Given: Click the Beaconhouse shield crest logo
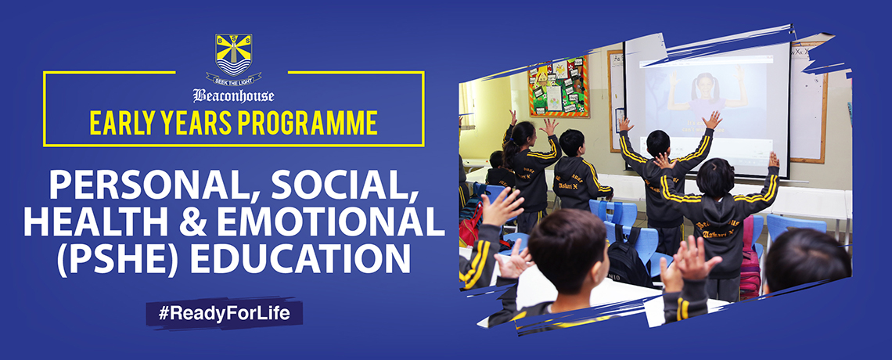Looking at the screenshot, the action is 233,55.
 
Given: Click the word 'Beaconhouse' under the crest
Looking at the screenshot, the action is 233,95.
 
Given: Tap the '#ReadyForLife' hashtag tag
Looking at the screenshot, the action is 224,313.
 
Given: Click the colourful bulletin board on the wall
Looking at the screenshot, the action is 558,88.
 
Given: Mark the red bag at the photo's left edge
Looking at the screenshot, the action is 470,225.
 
